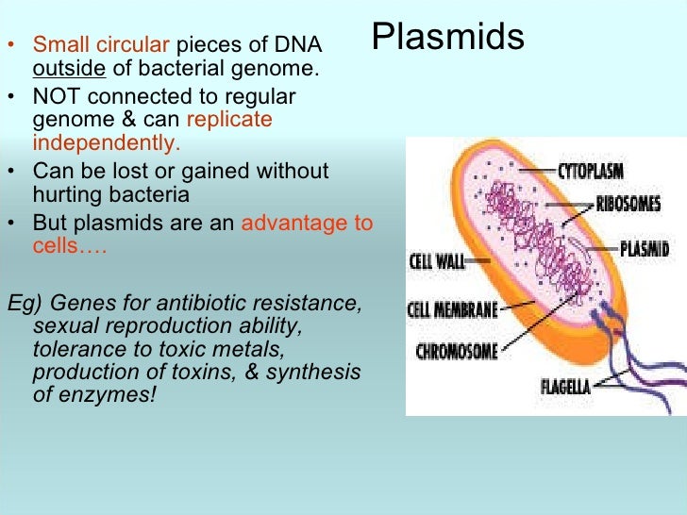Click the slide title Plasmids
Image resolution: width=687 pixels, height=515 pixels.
[x=447, y=38]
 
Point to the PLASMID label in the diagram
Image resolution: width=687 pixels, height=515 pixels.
[x=645, y=249]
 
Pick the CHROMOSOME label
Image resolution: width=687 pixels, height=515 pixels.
[x=459, y=352]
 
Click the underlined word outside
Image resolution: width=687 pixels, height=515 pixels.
[x=69, y=69]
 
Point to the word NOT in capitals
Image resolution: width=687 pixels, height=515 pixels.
[x=56, y=96]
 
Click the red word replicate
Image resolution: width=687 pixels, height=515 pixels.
[x=229, y=120]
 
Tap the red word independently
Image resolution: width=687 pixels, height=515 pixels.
[x=106, y=143]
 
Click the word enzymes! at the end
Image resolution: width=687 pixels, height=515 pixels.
[x=106, y=394]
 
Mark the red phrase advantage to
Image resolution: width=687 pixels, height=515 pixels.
[x=308, y=224]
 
